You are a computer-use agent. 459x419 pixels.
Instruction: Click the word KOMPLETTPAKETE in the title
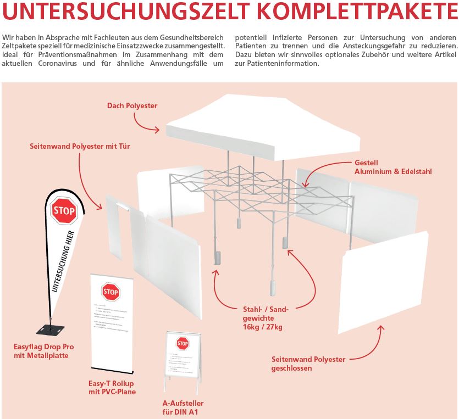pyautogui.click(x=358, y=12)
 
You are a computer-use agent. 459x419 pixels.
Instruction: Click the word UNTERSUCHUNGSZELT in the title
pyautogui.click(x=128, y=12)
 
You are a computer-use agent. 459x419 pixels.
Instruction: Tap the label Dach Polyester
pyautogui.click(x=132, y=105)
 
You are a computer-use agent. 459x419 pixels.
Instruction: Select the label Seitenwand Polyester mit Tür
pyautogui.click(x=80, y=147)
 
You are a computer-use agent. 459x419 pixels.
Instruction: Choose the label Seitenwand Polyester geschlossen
pyautogui.click(x=308, y=364)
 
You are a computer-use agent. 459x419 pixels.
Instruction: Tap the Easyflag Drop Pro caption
pyautogui.click(x=44, y=351)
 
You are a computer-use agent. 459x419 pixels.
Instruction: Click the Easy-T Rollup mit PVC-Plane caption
pyautogui.click(x=112, y=387)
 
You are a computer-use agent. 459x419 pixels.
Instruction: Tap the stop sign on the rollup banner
pyautogui.click(x=110, y=292)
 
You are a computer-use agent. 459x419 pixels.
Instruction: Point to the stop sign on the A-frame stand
pyautogui.click(x=183, y=344)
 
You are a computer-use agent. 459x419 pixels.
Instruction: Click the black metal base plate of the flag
pyautogui.click(x=50, y=330)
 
